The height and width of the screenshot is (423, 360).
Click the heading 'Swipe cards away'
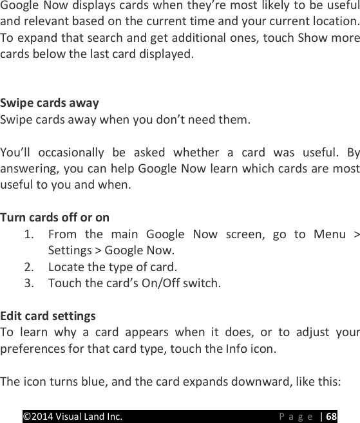[50, 103]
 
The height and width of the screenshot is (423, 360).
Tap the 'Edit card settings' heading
[48, 316]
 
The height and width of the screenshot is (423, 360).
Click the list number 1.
[29, 234]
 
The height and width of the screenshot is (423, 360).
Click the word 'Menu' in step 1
[329, 234]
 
